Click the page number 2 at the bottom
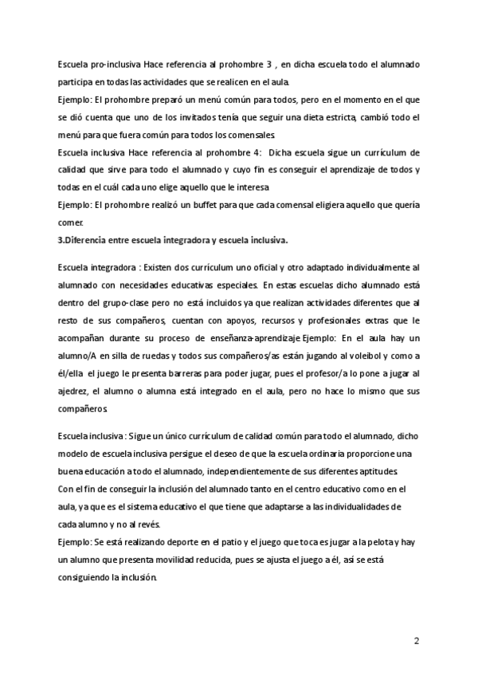tap(416, 640)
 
